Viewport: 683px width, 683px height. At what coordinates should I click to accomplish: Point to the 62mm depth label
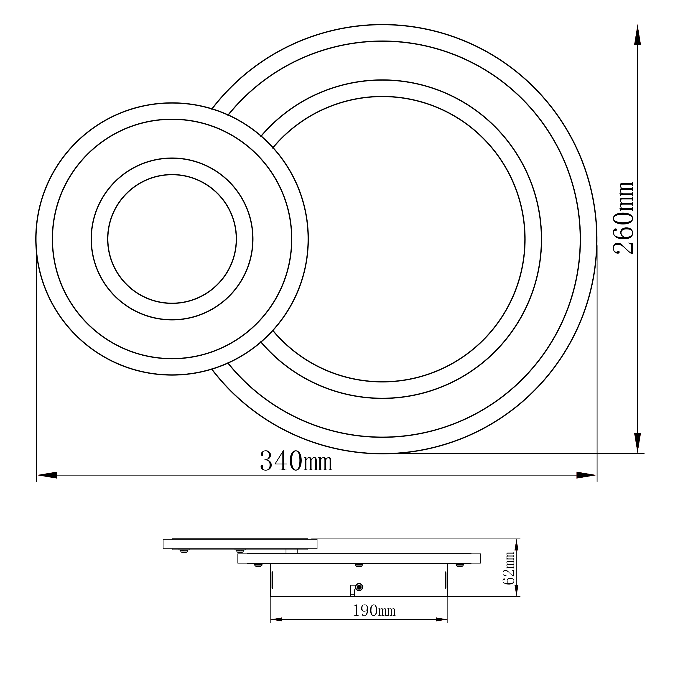509,573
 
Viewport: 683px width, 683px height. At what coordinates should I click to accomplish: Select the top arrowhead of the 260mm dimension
637,35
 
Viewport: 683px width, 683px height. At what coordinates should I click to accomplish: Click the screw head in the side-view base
359,587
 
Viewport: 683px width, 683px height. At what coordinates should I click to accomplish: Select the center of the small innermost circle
172,239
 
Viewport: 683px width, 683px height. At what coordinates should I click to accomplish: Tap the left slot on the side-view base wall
272,580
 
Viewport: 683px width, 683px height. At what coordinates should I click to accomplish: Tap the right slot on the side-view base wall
446,580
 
